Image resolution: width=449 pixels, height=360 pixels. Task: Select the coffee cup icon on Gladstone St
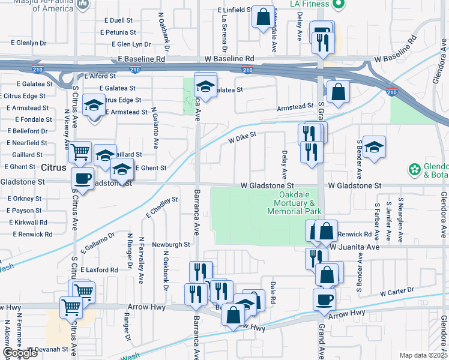(82, 179)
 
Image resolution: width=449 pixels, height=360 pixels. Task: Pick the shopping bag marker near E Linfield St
(263, 17)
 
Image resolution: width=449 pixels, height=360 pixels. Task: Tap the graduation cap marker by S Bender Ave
(374, 147)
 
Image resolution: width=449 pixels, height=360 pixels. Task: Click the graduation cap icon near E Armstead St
(94, 106)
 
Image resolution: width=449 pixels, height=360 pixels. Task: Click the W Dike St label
(242, 139)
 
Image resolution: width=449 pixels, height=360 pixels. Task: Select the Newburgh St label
(170, 245)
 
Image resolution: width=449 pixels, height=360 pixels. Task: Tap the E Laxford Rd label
(99, 270)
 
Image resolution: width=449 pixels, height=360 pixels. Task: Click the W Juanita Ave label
(355, 247)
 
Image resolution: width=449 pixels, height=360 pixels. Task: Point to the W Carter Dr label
(397, 292)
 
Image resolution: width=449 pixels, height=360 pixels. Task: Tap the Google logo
(20, 353)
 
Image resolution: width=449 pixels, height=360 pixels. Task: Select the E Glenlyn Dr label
(28, 43)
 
